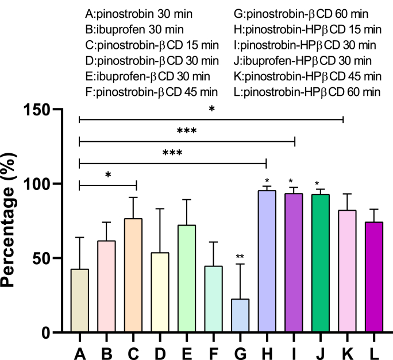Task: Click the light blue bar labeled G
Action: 240,315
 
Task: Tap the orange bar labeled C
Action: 132,275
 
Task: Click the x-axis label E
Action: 186,349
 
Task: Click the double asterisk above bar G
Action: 240,257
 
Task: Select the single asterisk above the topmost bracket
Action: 211,109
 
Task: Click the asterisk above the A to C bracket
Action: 107,175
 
